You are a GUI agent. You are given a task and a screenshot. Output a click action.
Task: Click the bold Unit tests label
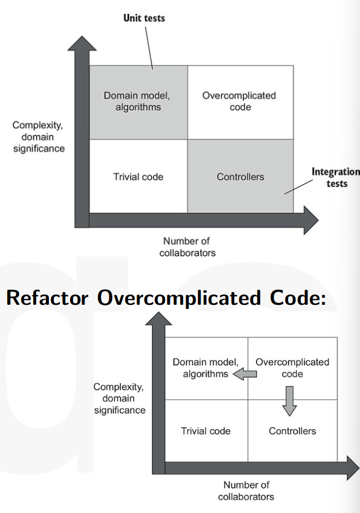[x=144, y=18]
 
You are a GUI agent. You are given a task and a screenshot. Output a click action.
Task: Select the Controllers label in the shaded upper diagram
[x=240, y=177]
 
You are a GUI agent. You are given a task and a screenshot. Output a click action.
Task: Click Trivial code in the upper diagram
[x=138, y=177]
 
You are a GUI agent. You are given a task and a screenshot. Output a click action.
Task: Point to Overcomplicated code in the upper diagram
[x=239, y=101]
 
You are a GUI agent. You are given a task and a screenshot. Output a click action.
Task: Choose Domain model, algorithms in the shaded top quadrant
[x=137, y=101]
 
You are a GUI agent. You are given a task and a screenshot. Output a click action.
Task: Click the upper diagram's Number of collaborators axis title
[x=187, y=247]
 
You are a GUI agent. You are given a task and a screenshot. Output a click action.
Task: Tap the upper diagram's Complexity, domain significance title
[x=39, y=137]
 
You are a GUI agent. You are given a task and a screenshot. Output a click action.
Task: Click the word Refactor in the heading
[x=48, y=298]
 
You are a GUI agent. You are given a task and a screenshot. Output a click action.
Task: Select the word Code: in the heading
[x=298, y=298]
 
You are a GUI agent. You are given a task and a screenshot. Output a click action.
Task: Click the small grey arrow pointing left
[x=245, y=374]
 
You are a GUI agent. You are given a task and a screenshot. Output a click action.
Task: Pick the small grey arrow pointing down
[x=289, y=401]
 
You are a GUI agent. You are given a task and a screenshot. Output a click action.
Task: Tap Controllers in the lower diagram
[x=292, y=431]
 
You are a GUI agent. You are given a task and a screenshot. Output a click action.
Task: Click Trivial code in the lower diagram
[x=206, y=431]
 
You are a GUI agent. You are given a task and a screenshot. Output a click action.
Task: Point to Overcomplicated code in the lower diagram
[x=292, y=368]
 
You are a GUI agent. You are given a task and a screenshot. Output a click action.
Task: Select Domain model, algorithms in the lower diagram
[x=206, y=368]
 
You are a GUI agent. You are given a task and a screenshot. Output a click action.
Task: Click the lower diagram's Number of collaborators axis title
[x=246, y=491]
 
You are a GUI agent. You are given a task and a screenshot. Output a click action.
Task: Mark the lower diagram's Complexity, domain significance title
[x=120, y=398]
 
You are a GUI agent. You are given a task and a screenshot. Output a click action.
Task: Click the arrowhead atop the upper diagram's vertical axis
[x=82, y=43]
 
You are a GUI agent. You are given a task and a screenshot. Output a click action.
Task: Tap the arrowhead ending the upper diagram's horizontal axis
[x=311, y=220]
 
